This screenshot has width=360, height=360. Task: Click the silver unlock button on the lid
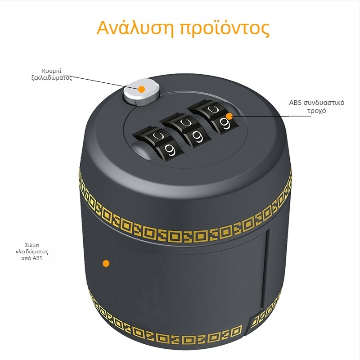coord(141,92)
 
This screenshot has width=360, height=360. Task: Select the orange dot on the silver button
coord(142,89)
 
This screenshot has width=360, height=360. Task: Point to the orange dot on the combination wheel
coord(229,116)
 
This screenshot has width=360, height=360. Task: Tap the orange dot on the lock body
coord(106,263)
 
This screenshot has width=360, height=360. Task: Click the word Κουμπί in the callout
coord(52,71)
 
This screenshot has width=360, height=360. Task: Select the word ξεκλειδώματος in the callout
coord(52,77)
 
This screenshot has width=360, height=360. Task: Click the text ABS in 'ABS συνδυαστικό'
coord(295,103)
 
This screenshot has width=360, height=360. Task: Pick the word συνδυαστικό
coord(324,103)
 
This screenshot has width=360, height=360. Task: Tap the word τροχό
coord(317,111)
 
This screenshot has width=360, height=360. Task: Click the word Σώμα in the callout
coord(32,245)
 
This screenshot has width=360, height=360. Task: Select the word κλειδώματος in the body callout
coord(32,252)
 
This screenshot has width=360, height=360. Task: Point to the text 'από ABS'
coord(32,258)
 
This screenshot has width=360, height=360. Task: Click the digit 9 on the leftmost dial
coord(170,150)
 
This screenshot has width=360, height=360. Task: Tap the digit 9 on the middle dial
coord(197,136)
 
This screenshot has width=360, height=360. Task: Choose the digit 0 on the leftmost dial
coord(159,136)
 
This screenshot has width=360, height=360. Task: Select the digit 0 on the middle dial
coord(185,123)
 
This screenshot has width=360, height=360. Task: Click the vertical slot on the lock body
coord(265,269)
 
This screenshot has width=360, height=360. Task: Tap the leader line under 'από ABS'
coord(68,263)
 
